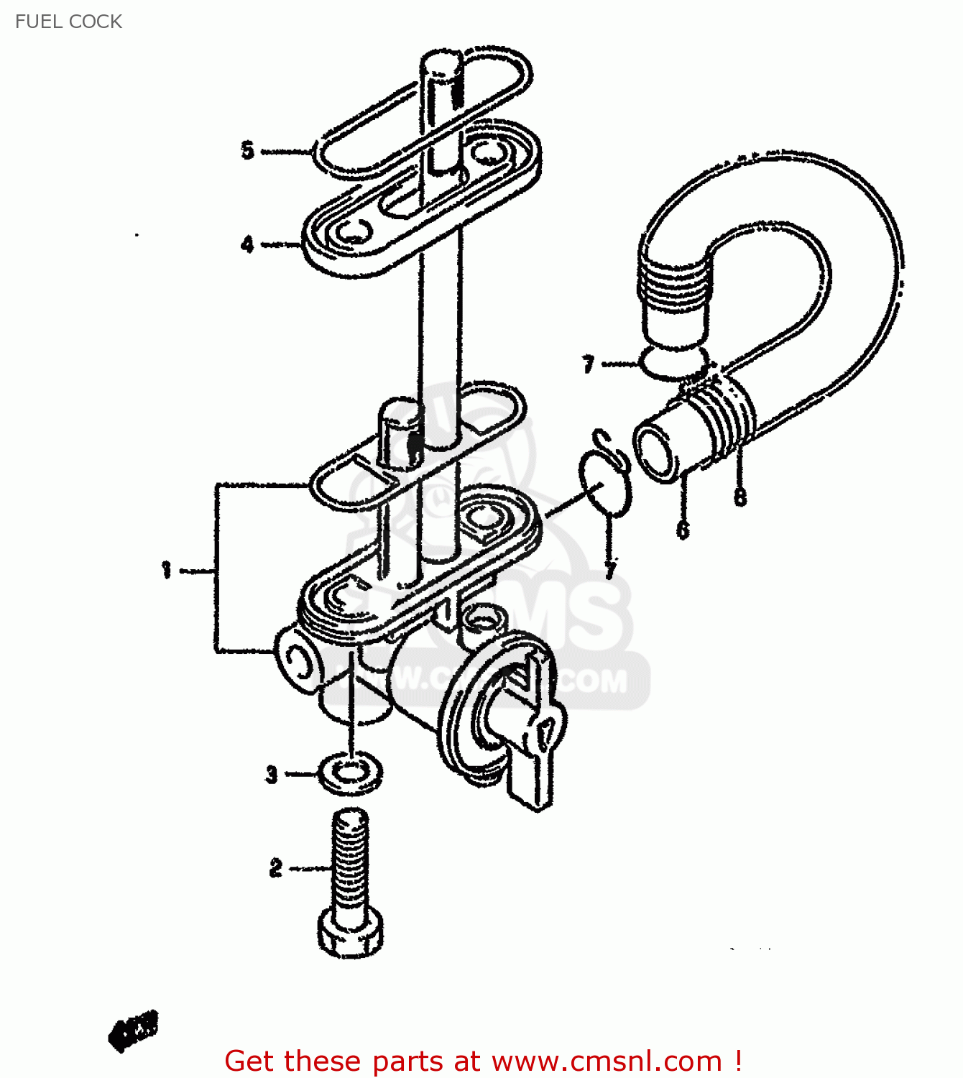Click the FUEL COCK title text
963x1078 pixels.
click(x=68, y=22)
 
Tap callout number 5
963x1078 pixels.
click(x=248, y=151)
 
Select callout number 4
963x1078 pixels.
click(x=248, y=244)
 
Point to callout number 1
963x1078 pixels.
click(x=167, y=571)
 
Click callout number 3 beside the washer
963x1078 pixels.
click(x=272, y=775)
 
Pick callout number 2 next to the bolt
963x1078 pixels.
click(x=276, y=868)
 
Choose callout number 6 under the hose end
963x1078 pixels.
click(x=683, y=530)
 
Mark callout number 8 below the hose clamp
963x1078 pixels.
click(x=740, y=497)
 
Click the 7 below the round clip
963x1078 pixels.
click(x=610, y=571)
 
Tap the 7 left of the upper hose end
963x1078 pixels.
click(x=589, y=364)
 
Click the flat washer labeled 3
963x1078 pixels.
click(x=350, y=774)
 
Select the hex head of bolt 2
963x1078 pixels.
click(x=350, y=934)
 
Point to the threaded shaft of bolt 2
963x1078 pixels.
click(x=351, y=862)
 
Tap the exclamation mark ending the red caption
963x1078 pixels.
click(x=738, y=1061)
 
